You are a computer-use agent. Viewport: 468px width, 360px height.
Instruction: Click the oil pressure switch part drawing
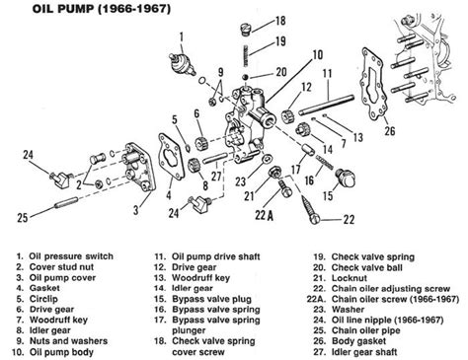point(182,64)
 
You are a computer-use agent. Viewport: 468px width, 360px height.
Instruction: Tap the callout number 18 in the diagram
point(280,21)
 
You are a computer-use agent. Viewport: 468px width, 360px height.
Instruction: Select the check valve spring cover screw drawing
point(245,29)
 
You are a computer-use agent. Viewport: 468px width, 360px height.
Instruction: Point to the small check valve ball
point(245,77)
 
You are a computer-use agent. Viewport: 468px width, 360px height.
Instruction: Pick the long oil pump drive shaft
point(327,105)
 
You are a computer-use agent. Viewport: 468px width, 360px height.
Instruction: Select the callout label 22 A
point(265,215)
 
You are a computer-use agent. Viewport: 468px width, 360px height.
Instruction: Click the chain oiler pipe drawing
point(66,202)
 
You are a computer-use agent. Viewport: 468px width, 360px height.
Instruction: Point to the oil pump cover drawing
point(138,167)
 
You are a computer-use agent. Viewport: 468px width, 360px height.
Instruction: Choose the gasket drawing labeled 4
point(171,156)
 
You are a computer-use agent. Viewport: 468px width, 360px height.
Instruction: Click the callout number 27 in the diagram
point(216,176)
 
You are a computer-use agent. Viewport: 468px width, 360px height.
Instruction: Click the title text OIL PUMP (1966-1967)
point(102,9)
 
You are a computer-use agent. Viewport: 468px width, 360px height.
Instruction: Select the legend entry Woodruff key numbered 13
point(193,278)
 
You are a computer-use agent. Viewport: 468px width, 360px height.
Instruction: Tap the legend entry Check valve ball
point(358,267)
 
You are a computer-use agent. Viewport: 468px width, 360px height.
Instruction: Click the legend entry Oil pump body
point(53,352)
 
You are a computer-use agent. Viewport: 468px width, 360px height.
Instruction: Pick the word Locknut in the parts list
point(350,278)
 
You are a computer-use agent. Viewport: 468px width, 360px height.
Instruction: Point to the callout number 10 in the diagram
point(318,55)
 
